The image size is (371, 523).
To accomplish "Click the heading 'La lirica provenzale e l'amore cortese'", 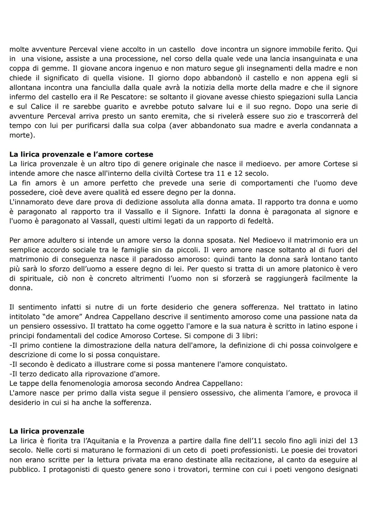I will (81, 154).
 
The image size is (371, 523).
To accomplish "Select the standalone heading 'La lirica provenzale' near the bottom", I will (47, 431).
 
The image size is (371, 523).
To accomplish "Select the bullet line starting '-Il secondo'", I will (148, 364).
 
